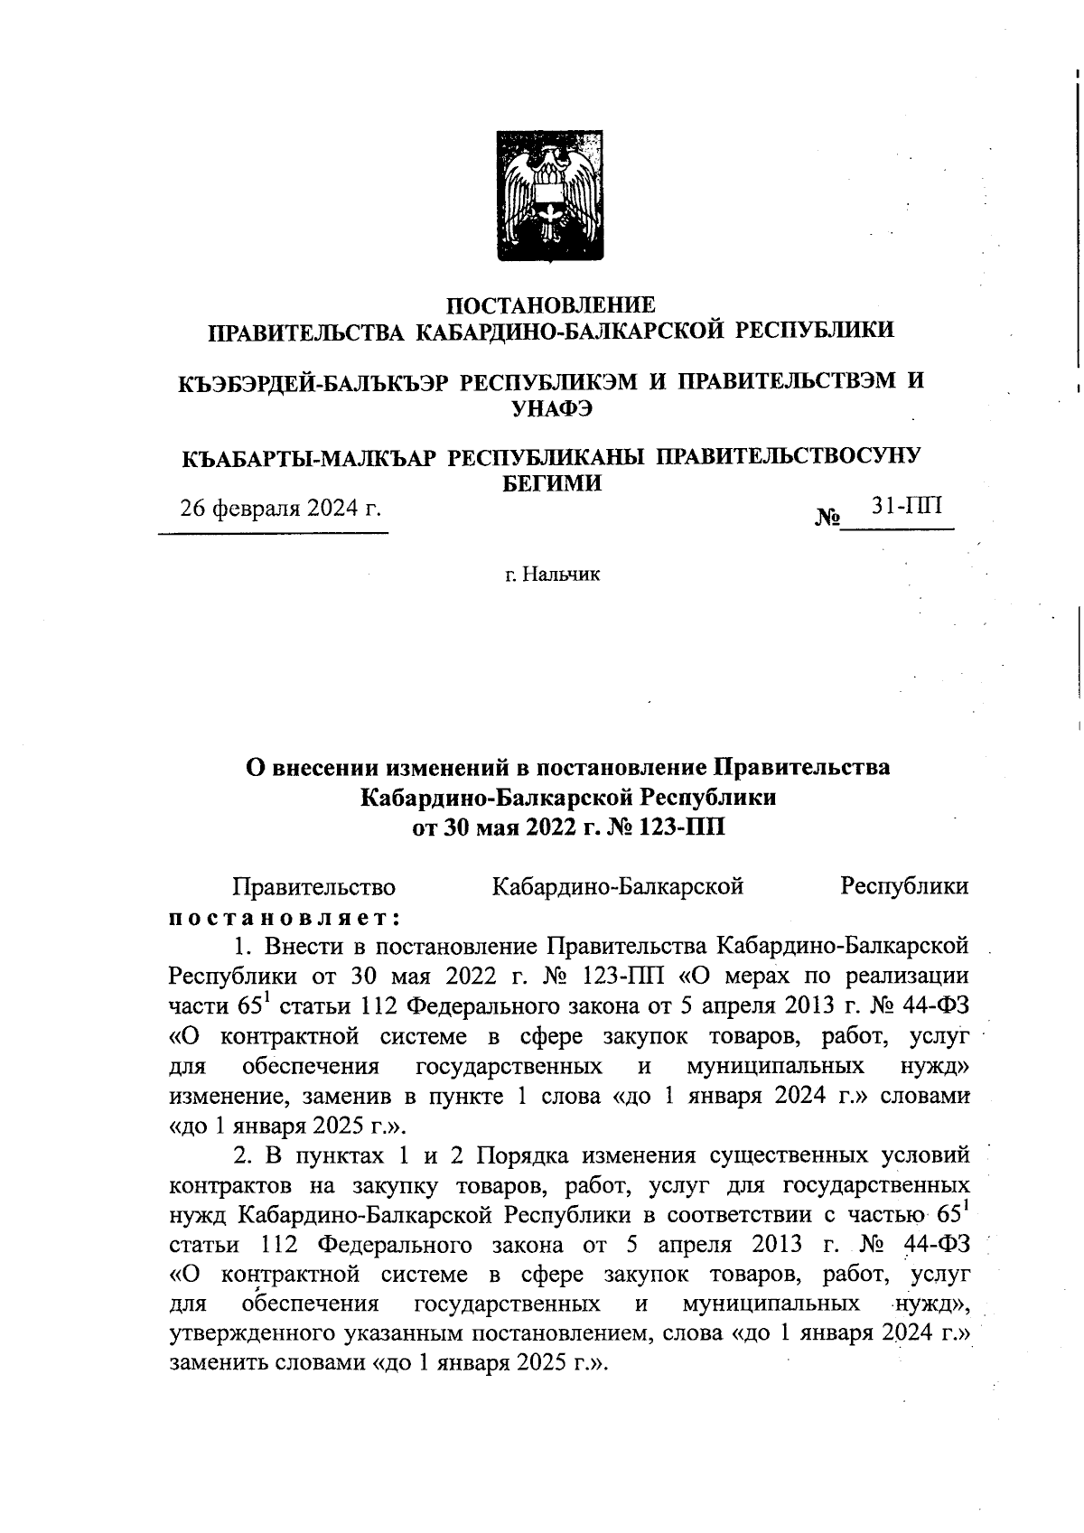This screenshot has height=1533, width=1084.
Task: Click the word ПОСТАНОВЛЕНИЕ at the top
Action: click(552, 305)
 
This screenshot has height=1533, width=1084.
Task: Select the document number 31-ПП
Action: click(906, 505)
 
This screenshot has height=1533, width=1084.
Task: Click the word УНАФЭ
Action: click(552, 407)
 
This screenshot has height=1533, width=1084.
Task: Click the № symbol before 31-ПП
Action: click(827, 519)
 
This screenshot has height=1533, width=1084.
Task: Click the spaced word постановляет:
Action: click(285, 916)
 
